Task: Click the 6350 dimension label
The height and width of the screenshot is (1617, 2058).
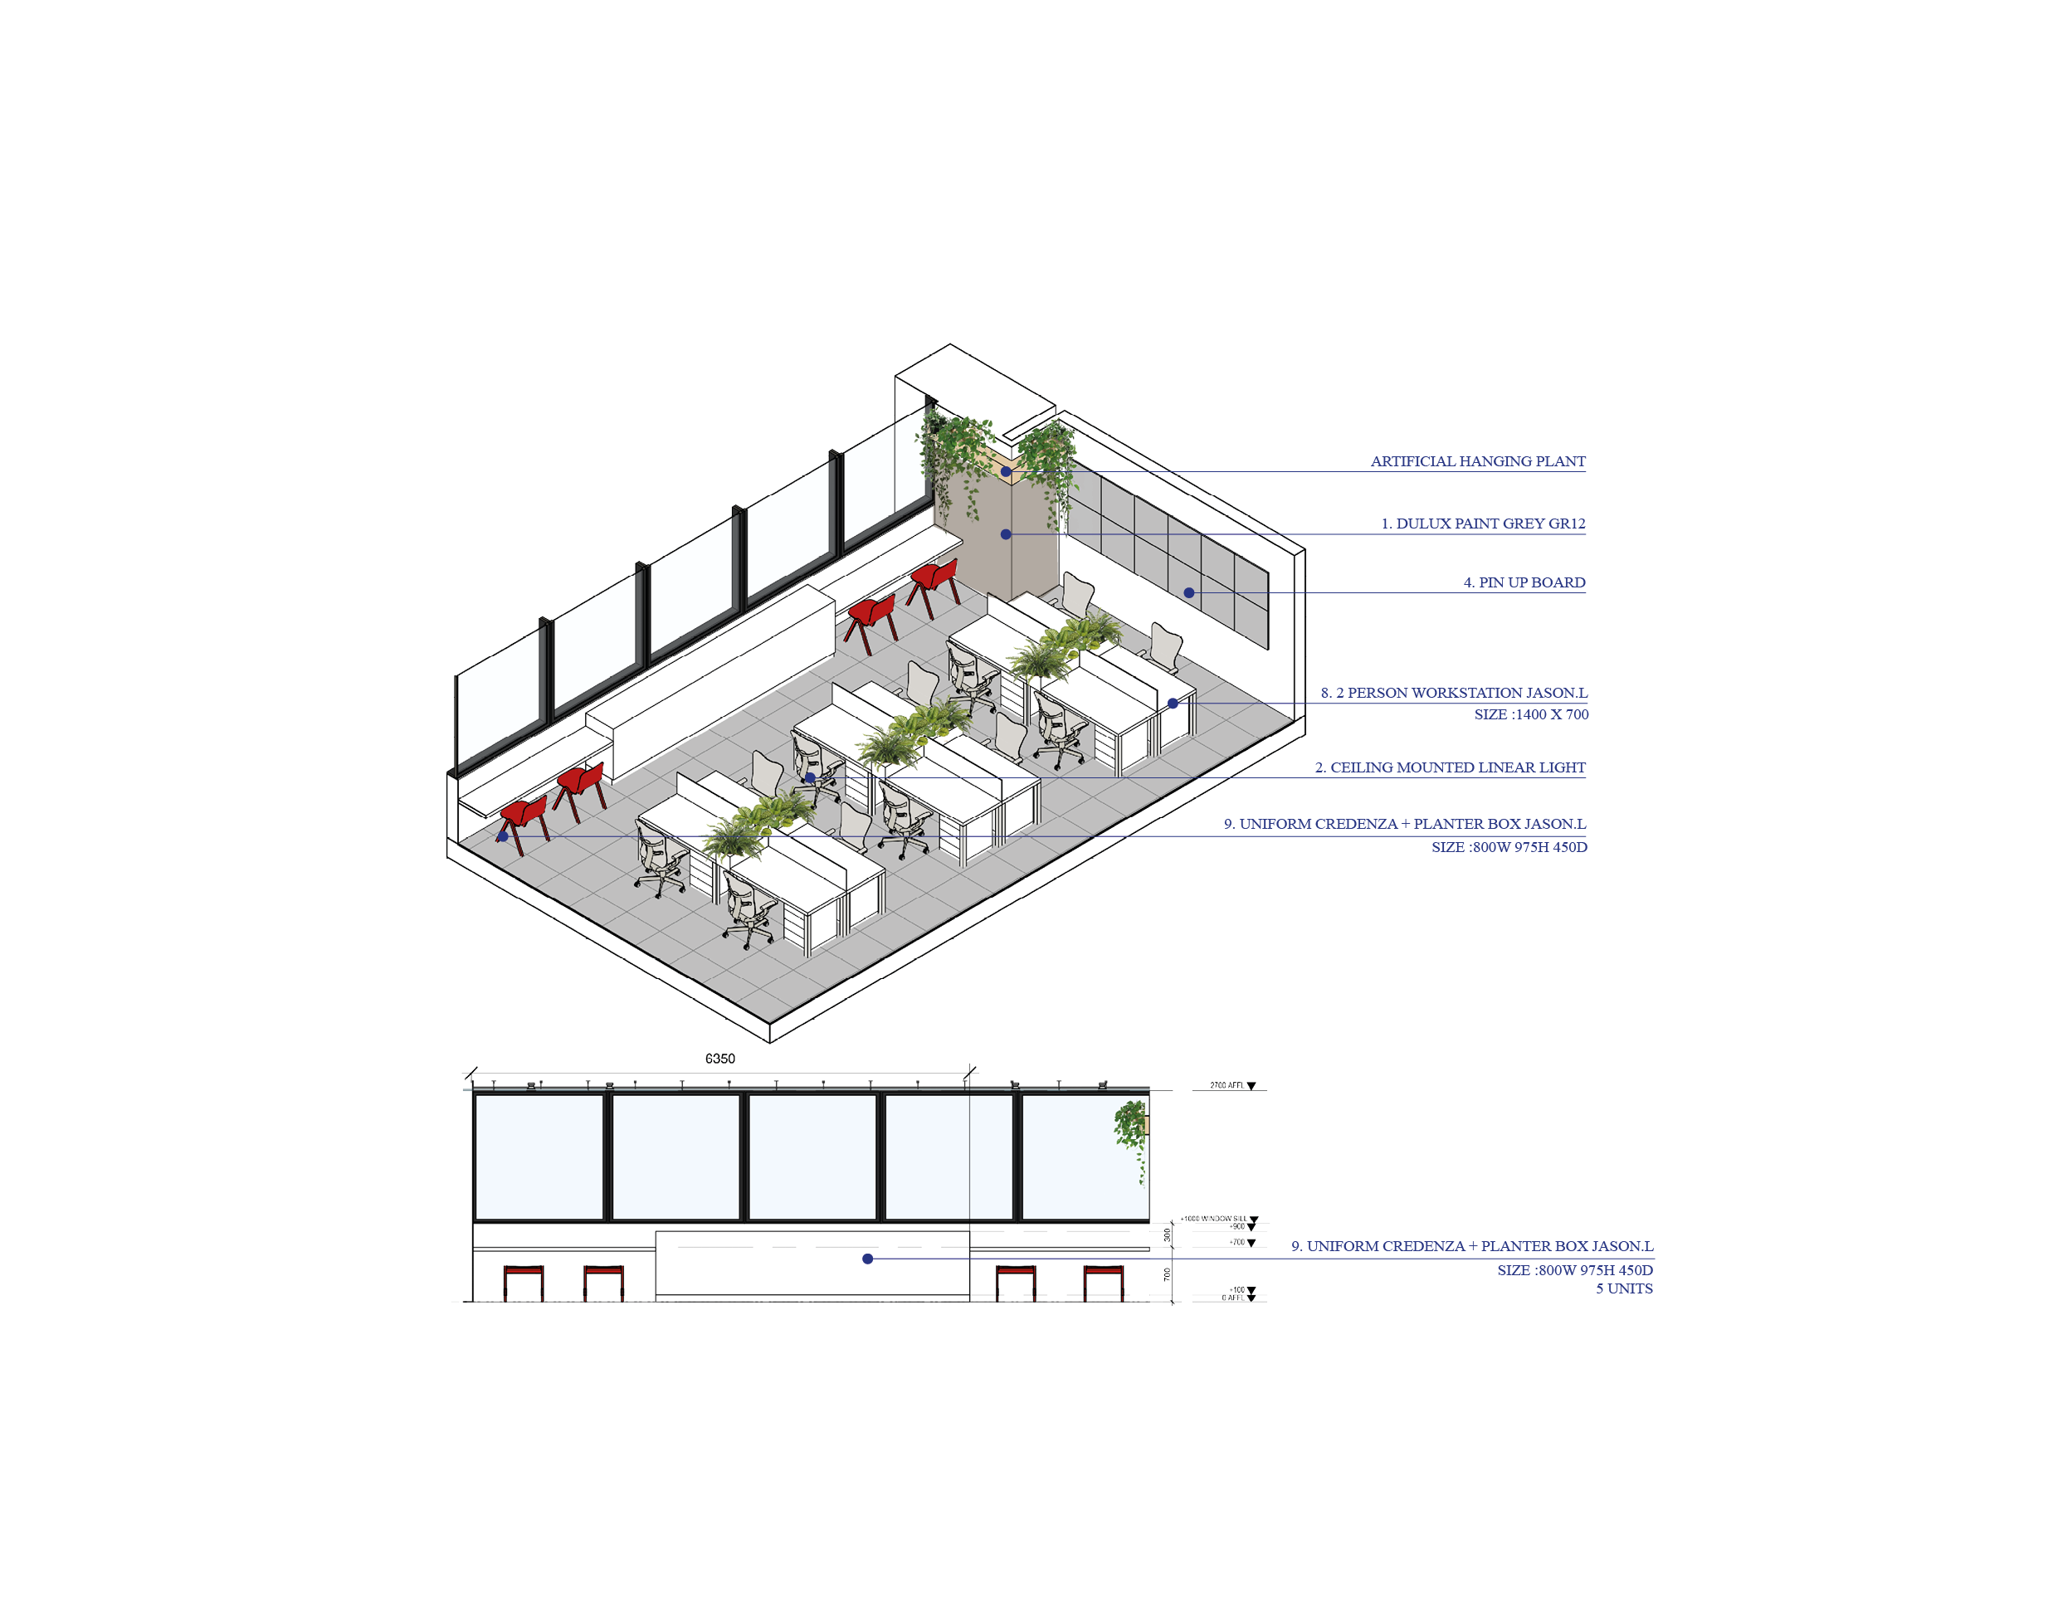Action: point(719,1059)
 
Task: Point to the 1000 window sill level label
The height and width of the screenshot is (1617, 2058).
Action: point(1217,1220)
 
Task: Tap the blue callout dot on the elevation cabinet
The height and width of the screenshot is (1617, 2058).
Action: point(866,1259)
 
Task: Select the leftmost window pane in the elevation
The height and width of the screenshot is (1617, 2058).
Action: point(538,1156)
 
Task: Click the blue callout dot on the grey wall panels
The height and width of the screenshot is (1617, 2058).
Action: point(1188,592)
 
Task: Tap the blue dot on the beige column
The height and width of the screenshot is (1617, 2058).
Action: point(1006,534)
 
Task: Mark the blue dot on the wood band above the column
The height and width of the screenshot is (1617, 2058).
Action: point(1006,470)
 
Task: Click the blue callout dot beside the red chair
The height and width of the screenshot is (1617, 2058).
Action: point(503,837)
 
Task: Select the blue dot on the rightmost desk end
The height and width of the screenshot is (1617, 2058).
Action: point(1173,704)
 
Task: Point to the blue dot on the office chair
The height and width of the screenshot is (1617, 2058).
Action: point(810,777)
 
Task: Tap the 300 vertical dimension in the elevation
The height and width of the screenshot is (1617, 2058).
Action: point(1167,1235)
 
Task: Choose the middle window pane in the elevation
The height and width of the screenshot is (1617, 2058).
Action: point(812,1156)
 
